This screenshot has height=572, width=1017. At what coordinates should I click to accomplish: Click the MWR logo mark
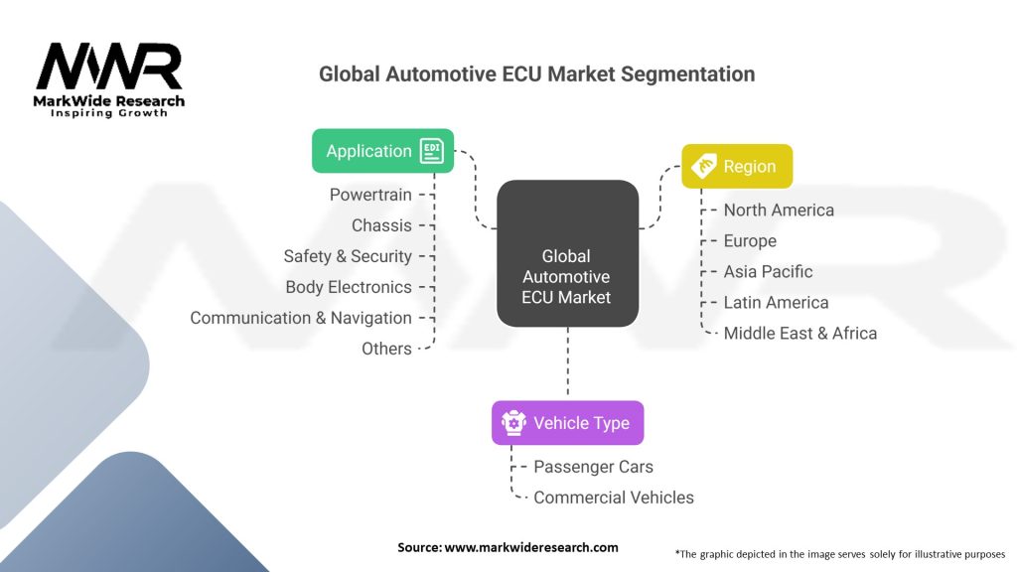click(109, 68)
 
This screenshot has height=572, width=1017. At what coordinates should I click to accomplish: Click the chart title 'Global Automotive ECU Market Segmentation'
click(536, 74)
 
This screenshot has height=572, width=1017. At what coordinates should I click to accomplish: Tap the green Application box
click(382, 151)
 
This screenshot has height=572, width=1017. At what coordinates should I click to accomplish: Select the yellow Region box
click(736, 166)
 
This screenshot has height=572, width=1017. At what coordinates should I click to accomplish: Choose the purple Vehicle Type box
click(567, 423)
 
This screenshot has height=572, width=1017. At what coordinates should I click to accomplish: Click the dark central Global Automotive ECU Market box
click(567, 254)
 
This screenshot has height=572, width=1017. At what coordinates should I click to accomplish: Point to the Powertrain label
click(370, 195)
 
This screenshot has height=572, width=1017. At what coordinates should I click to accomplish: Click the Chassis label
click(381, 225)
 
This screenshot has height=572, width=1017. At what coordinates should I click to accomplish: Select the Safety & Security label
click(348, 256)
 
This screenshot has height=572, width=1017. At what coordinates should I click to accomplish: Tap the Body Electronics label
click(349, 287)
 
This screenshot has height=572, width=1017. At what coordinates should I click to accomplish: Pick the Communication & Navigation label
click(301, 318)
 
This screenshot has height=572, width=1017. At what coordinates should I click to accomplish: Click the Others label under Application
click(386, 349)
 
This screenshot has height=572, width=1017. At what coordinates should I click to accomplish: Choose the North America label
click(779, 210)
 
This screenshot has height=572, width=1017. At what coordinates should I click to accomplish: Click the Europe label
click(750, 240)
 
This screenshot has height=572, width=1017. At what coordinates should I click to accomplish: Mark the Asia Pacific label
click(768, 271)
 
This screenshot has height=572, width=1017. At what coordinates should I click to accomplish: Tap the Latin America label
click(776, 302)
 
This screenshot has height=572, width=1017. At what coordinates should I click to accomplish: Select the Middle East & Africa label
click(799, 333)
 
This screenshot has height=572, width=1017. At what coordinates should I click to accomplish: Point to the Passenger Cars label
click(593, 467)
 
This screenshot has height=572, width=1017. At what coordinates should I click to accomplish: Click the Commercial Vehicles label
click(613, 498)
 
